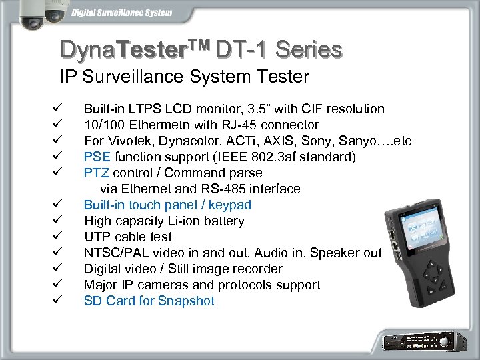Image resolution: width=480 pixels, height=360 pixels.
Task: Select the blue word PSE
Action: tap(97, 157)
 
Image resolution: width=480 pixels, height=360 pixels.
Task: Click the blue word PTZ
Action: tap(97, 173)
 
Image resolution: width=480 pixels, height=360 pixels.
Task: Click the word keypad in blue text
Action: tap(230, 205)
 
